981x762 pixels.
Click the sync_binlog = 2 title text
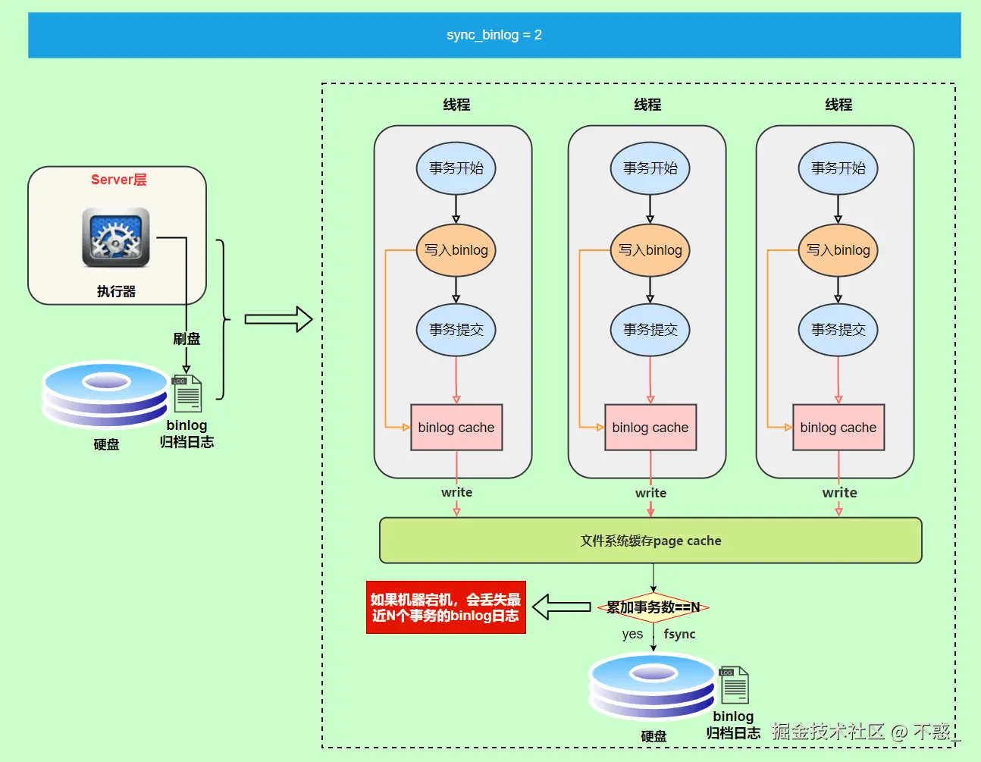click(x=494, y=35)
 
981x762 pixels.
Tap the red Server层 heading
click(x=119, y=180)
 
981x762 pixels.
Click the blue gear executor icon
click(x=116, y=237)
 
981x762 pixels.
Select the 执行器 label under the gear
click(x=116, y=291)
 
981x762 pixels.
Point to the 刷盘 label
click(x=186, y=339)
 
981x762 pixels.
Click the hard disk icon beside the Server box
click(x=105, y=394)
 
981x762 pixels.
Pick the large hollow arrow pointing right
click(x=278, y=319)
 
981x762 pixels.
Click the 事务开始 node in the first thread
click(x=456, y=168)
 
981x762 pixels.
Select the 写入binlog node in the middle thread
click(x=650, y=250)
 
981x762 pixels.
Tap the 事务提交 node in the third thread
click(x=838, y=330)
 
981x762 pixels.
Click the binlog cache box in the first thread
click(x=456, y=428)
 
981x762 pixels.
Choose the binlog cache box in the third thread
click(x=838, y=428)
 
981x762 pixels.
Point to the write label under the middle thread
click(x=650, y=493)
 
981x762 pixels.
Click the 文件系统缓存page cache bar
click(x=650, y=541)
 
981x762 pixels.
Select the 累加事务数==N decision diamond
click(x=653, y=607)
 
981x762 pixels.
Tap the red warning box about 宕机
click(x=446, y=607)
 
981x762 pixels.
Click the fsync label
click(x=679, y=634)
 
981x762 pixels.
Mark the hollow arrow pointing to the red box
click(x=561, y=607)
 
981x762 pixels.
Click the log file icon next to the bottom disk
click(x=733, y=684)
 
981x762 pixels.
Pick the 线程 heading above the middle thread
click(x=647, y=105)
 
